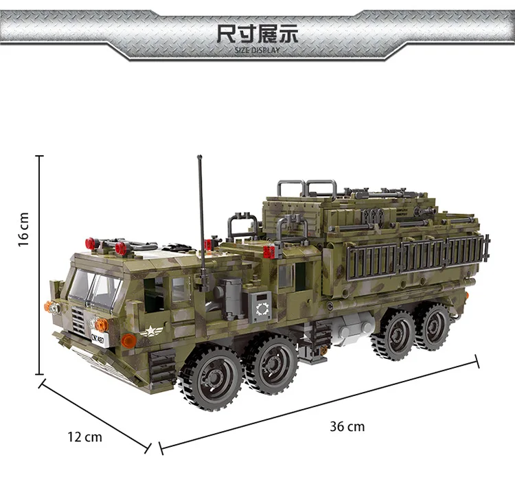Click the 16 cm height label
point(23,229)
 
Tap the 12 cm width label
point(84,437)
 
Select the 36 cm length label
point(347,426)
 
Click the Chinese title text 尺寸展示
point(257,34)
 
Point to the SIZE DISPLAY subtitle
point(257,50)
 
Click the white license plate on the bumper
point(100,339)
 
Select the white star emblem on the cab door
point(150,331)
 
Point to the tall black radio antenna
point(202,223)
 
